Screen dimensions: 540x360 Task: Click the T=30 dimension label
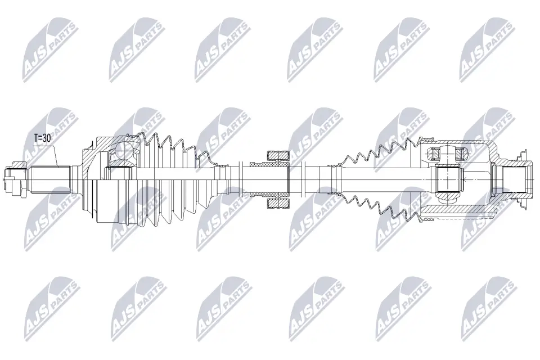point(42,138)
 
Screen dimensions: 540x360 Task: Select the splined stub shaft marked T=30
point(51,179)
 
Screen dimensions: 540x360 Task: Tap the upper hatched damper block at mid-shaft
point(277,156)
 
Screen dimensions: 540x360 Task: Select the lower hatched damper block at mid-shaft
point(277,204)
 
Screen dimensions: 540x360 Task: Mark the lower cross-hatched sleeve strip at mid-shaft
point(269,195)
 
